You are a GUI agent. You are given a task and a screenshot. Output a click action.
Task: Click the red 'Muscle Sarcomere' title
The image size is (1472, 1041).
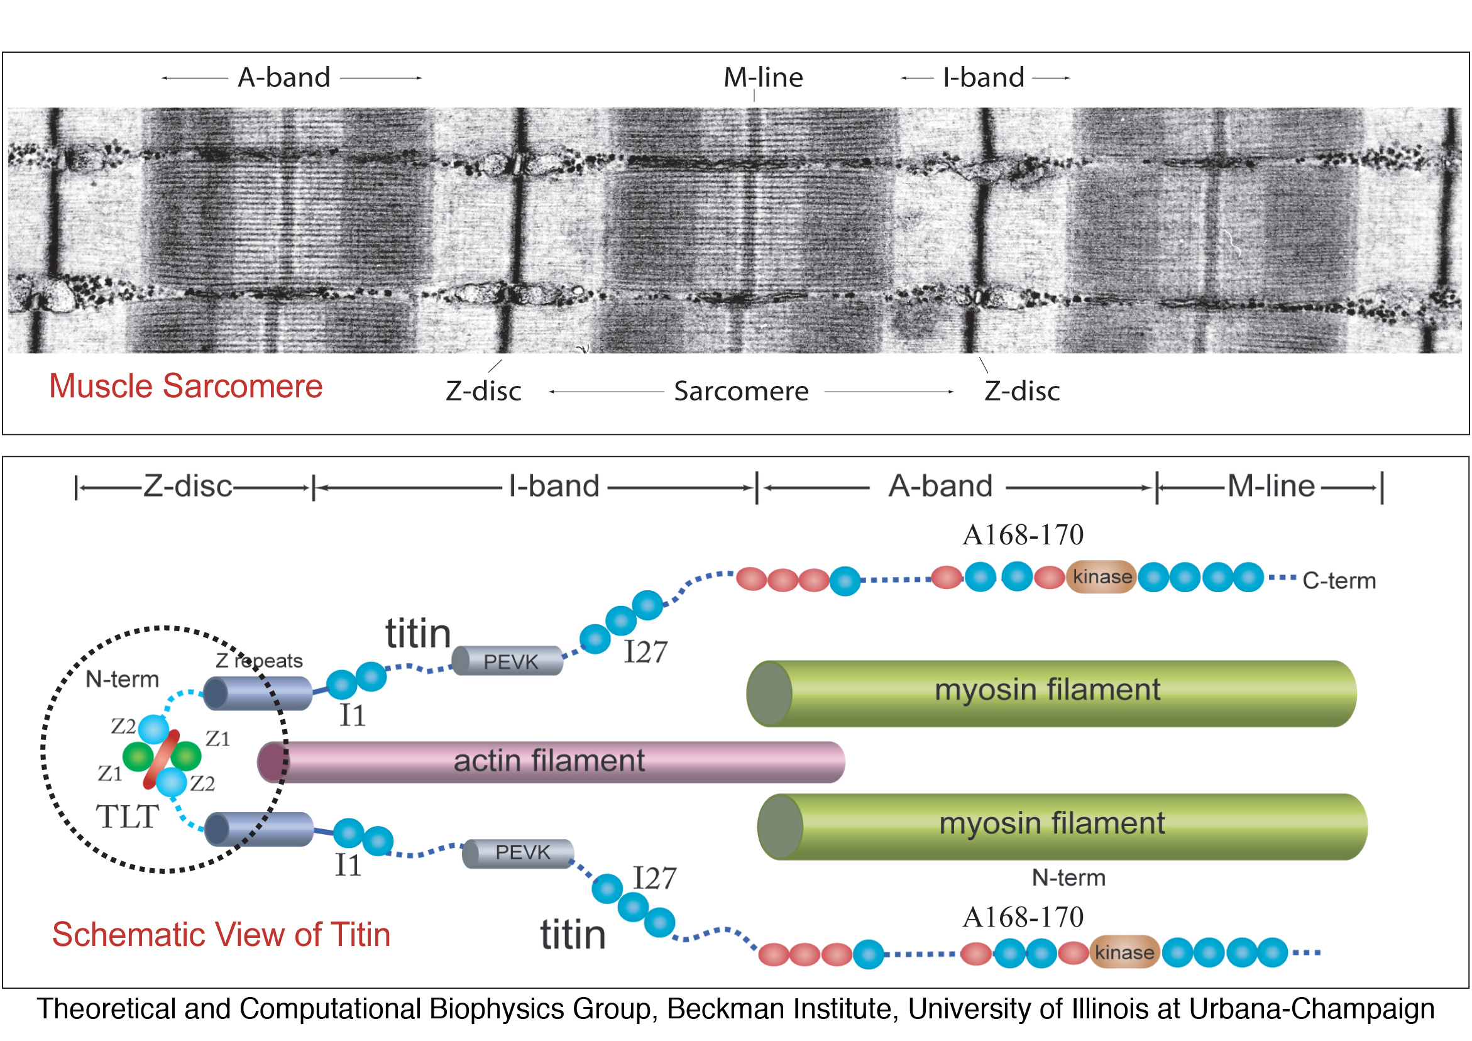pos(186,386)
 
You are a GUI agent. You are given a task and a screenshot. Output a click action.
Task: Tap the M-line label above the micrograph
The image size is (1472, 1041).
pos(763,77)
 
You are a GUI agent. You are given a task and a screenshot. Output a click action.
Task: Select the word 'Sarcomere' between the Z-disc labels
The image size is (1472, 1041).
pos(741,391)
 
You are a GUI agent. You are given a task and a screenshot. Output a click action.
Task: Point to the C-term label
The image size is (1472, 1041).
pos(1339,580)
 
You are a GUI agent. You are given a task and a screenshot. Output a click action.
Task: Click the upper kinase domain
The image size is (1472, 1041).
pos(1101,576)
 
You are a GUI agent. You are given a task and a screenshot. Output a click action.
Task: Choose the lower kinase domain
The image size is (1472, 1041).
pos(1124,952)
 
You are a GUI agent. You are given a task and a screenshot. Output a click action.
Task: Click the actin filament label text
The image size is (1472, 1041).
pos(549,761)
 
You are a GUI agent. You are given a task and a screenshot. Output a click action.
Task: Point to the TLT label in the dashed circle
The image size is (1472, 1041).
pos(127,817)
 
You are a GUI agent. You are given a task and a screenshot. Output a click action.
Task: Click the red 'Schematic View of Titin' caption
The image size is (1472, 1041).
pos(221,935)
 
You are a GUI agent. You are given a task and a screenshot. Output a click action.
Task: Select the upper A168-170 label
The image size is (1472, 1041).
pos(1023,535)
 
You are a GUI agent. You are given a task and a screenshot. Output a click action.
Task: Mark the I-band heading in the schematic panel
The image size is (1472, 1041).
pos(554,486)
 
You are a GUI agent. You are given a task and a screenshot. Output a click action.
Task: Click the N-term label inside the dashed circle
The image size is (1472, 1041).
pos(122,679)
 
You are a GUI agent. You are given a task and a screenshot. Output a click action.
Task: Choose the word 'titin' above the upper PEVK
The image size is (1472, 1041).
pos(418,634)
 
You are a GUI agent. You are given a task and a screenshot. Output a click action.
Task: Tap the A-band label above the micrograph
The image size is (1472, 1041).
pos(284,77)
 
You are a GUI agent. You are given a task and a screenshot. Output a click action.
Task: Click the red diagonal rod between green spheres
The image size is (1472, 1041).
pos(161,759)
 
